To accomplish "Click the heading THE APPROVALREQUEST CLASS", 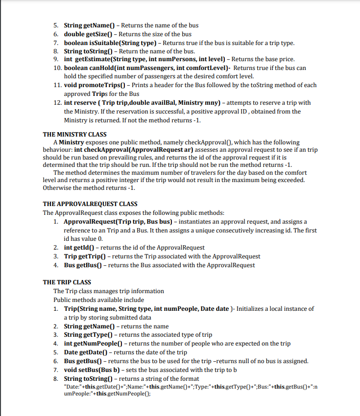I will (90, 204).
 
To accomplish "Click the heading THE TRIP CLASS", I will (67, 282).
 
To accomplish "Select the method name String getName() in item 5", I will (91, 25).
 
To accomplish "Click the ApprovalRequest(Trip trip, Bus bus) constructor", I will (120, 222).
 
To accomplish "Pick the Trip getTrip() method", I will (84, 256).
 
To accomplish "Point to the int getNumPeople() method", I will (94, 344).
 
